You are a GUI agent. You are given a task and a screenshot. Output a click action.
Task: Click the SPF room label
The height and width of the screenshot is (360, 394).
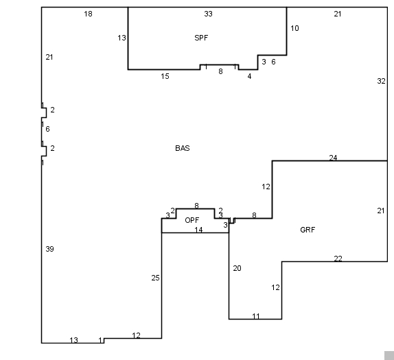pos(201,38)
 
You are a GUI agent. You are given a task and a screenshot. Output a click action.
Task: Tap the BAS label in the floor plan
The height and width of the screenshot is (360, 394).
pos(183,148)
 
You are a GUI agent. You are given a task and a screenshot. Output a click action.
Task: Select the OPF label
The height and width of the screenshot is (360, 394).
pos(192,220)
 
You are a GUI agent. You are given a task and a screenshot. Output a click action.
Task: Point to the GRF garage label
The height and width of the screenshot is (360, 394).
pos(308,230)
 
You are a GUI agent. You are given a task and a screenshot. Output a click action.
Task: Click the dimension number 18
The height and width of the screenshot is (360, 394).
pos(88,14)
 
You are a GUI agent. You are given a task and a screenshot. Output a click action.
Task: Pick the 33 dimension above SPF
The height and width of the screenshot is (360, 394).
pos(208,14)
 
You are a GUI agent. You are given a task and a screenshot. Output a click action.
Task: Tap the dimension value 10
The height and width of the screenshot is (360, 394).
pos(294,28)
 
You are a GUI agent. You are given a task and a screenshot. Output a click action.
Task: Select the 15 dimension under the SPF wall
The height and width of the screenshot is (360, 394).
pos(165,76)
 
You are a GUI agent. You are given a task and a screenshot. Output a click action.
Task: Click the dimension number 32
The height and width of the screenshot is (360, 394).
pos(381,81)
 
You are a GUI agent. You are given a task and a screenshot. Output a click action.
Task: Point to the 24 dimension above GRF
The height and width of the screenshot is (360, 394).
pos(333,158)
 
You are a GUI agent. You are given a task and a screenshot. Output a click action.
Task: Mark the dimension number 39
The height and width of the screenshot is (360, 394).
pos(49,249)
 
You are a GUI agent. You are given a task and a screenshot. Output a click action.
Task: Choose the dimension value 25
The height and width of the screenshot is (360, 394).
pos(155,278)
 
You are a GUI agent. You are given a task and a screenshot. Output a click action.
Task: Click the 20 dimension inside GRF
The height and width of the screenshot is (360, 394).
pos(237,268)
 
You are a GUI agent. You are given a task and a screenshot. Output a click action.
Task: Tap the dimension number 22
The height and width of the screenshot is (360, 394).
pos(338,259)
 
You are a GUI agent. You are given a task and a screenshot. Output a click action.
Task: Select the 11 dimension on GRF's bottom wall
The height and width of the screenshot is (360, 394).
pos(256,316)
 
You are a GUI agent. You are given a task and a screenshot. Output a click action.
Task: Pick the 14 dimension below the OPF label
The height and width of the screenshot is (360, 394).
pos(198,230)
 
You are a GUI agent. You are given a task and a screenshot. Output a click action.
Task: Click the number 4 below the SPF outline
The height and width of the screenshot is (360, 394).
pos(249,76)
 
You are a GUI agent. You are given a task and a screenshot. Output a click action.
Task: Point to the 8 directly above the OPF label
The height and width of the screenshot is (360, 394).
pos(196,206)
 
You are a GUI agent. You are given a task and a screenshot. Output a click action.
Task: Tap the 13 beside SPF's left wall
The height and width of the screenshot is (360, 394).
pos(121,38)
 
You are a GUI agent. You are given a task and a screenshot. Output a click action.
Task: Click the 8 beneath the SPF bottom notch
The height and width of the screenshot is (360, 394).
pos(220,71)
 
